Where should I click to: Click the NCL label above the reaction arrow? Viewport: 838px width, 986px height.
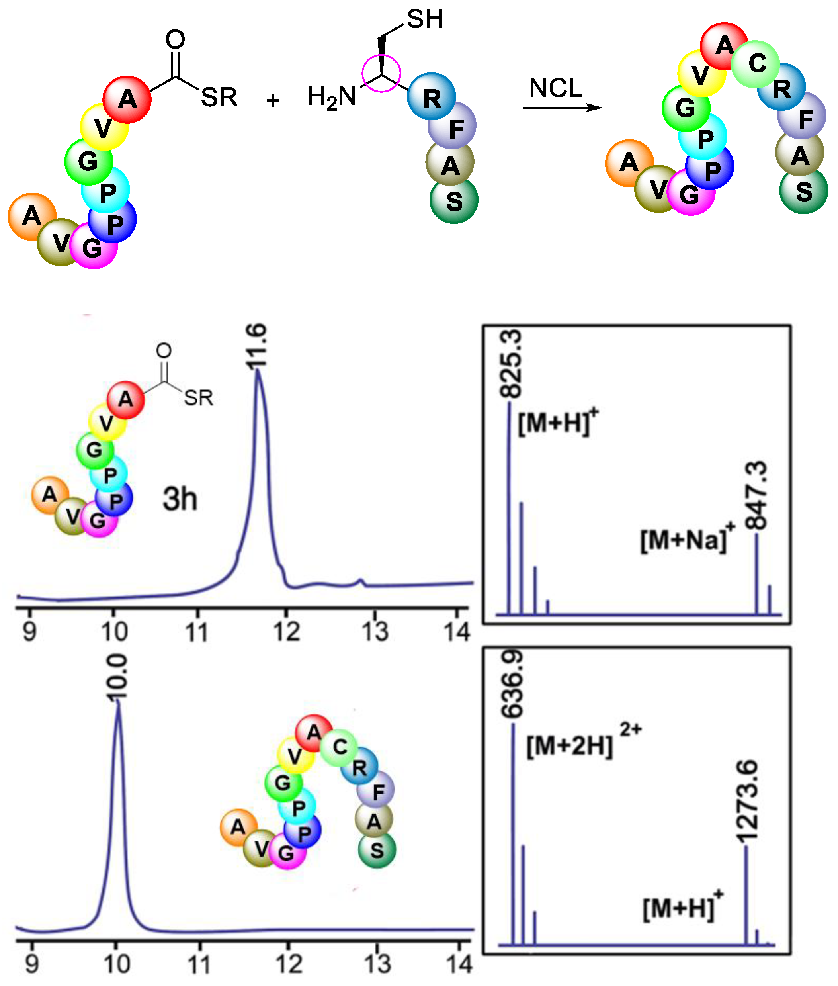click(555, 88)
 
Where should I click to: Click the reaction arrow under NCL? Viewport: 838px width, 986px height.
click(563, 108)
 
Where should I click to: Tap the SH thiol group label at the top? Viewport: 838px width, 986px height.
click(425, 20)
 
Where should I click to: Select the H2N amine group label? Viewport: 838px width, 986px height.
click(332, 97)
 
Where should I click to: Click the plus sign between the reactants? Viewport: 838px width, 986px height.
click(273, 100)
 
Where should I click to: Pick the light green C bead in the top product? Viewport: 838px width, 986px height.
click(755, 64)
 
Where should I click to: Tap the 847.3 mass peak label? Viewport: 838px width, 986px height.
click(756, 496)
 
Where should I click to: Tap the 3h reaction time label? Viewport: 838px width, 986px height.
click(180, 499)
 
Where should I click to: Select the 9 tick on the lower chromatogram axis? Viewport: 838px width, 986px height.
click(31, 964)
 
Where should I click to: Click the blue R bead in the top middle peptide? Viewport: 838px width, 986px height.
click(432, 97)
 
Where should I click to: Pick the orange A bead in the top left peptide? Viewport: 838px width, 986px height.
click(32, 216)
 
